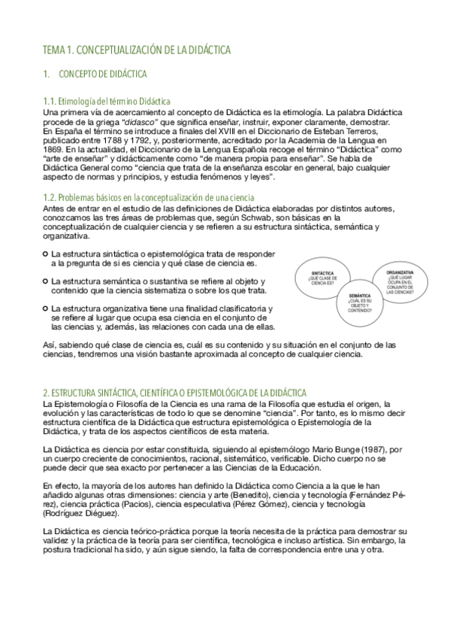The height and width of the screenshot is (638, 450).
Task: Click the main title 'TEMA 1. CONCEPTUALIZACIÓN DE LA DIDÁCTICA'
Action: [x=136, y=50]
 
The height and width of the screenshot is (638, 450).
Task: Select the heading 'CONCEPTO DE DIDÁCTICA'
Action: [x=102, y=74]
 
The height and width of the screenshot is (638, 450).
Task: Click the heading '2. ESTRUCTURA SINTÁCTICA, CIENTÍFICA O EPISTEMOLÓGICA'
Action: [x=174, y=393]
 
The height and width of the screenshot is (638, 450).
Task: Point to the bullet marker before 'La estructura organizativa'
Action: [x=47, y=308]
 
